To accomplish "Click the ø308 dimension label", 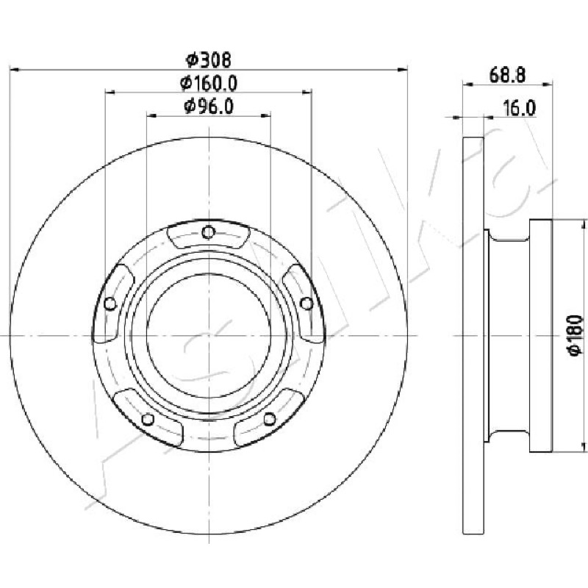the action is [209, 60].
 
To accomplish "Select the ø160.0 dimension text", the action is [209, 83].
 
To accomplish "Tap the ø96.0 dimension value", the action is [209, 107].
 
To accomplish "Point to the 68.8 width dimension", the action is [507, 76].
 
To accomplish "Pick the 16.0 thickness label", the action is [520, 108].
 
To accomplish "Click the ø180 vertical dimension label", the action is [576, 335].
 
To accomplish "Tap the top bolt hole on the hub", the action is [208, 232].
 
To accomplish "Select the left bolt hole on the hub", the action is [110, 304].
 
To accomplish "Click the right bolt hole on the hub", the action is [306, 304].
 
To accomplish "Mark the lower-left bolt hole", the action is [148, 419].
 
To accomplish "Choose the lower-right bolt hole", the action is [269, 419].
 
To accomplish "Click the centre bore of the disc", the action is [209, 335].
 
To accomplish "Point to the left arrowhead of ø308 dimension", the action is [14, 70].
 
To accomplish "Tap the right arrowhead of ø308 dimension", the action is [403, 70].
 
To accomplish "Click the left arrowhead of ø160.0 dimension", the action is [110, 92].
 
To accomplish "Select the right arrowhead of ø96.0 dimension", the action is [266, 115].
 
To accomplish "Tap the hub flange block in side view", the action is [541, 336].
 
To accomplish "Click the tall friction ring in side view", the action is [473, 336].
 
